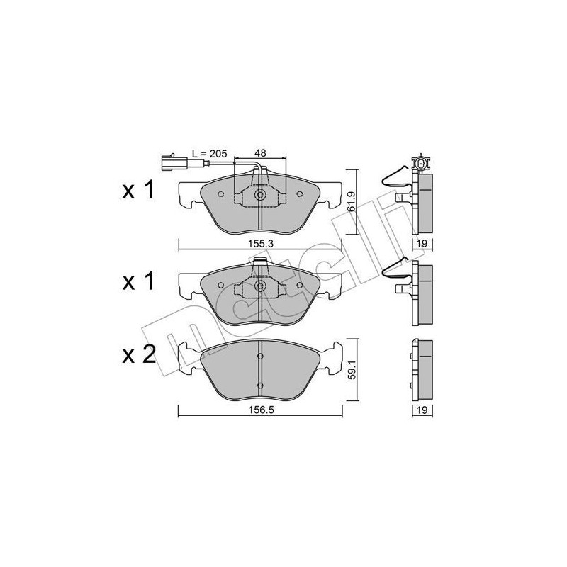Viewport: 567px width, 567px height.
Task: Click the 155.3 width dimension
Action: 259,242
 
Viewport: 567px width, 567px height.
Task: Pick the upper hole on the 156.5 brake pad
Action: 259,354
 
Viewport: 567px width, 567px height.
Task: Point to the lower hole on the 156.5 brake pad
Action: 259,384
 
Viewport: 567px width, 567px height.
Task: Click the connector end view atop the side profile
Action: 422,163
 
